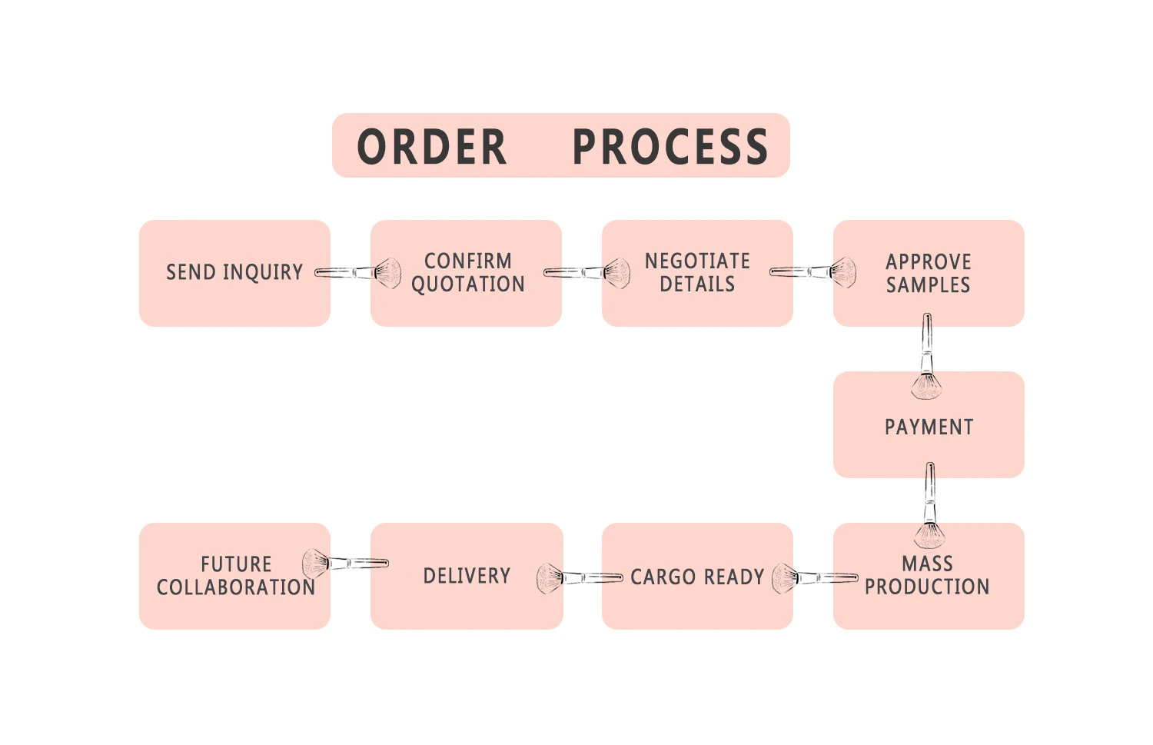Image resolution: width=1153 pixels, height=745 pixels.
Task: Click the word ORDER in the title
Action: [x=432, y=147]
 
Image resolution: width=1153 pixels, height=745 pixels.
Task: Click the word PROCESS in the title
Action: [x=670, y=147]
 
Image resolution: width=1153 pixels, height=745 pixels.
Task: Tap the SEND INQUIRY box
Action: [x=234, y=273]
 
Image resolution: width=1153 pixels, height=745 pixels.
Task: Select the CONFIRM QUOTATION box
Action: [x=467, y=273]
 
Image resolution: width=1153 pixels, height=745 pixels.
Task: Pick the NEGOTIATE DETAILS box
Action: [x=697, y=273]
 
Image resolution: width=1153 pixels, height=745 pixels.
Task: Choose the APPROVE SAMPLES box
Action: [x=929, y=273]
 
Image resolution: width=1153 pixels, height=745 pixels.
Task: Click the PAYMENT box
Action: [x=929, y=426]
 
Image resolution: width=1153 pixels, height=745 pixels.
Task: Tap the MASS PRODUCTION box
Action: [x=929, y=576]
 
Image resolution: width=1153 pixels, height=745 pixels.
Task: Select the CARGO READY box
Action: [x=697, y=576]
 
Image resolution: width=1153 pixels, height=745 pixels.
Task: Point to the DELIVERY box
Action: [x=467, y=576]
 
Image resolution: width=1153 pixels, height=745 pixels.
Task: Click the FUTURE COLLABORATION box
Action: [x=234, y=576]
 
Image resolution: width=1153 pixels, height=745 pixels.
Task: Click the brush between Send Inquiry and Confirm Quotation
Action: [x=358, y=273]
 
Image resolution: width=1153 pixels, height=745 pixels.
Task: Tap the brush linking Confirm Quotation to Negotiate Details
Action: [x=587, y=273]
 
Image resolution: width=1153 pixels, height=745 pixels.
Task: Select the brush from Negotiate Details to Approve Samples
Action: [x=813, y=272]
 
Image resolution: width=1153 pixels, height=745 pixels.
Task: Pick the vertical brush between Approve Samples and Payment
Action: [x=927, y=357]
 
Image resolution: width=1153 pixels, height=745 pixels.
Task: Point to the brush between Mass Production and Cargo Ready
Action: [x=815, y=577]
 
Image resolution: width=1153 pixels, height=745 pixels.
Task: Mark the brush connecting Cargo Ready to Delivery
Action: [x=580, y=577]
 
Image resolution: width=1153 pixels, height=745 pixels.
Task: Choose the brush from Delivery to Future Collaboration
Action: [x=345, y=564]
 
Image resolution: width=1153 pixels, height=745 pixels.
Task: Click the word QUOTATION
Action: [x=468, y=284]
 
